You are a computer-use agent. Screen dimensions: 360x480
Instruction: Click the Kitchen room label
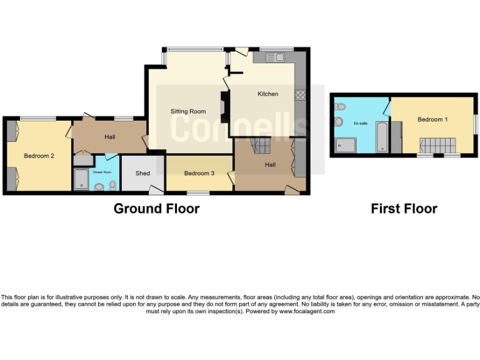268,94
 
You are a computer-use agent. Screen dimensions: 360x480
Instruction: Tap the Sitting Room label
188,112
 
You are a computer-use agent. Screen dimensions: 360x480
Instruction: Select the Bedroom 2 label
39,156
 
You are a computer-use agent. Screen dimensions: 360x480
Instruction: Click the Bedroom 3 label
199,172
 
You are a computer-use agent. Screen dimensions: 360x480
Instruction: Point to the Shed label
142,173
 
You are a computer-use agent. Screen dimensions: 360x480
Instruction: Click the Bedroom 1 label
432,119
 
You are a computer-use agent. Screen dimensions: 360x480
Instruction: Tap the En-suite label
361,124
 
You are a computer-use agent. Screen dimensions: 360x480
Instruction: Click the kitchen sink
274,58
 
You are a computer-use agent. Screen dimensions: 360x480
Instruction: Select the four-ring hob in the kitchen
300,95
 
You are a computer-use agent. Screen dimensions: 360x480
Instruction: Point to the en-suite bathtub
381,137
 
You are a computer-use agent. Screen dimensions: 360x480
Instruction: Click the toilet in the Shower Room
112,185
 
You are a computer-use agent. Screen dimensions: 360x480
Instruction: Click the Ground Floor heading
156,209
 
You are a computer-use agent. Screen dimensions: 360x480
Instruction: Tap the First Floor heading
404,209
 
